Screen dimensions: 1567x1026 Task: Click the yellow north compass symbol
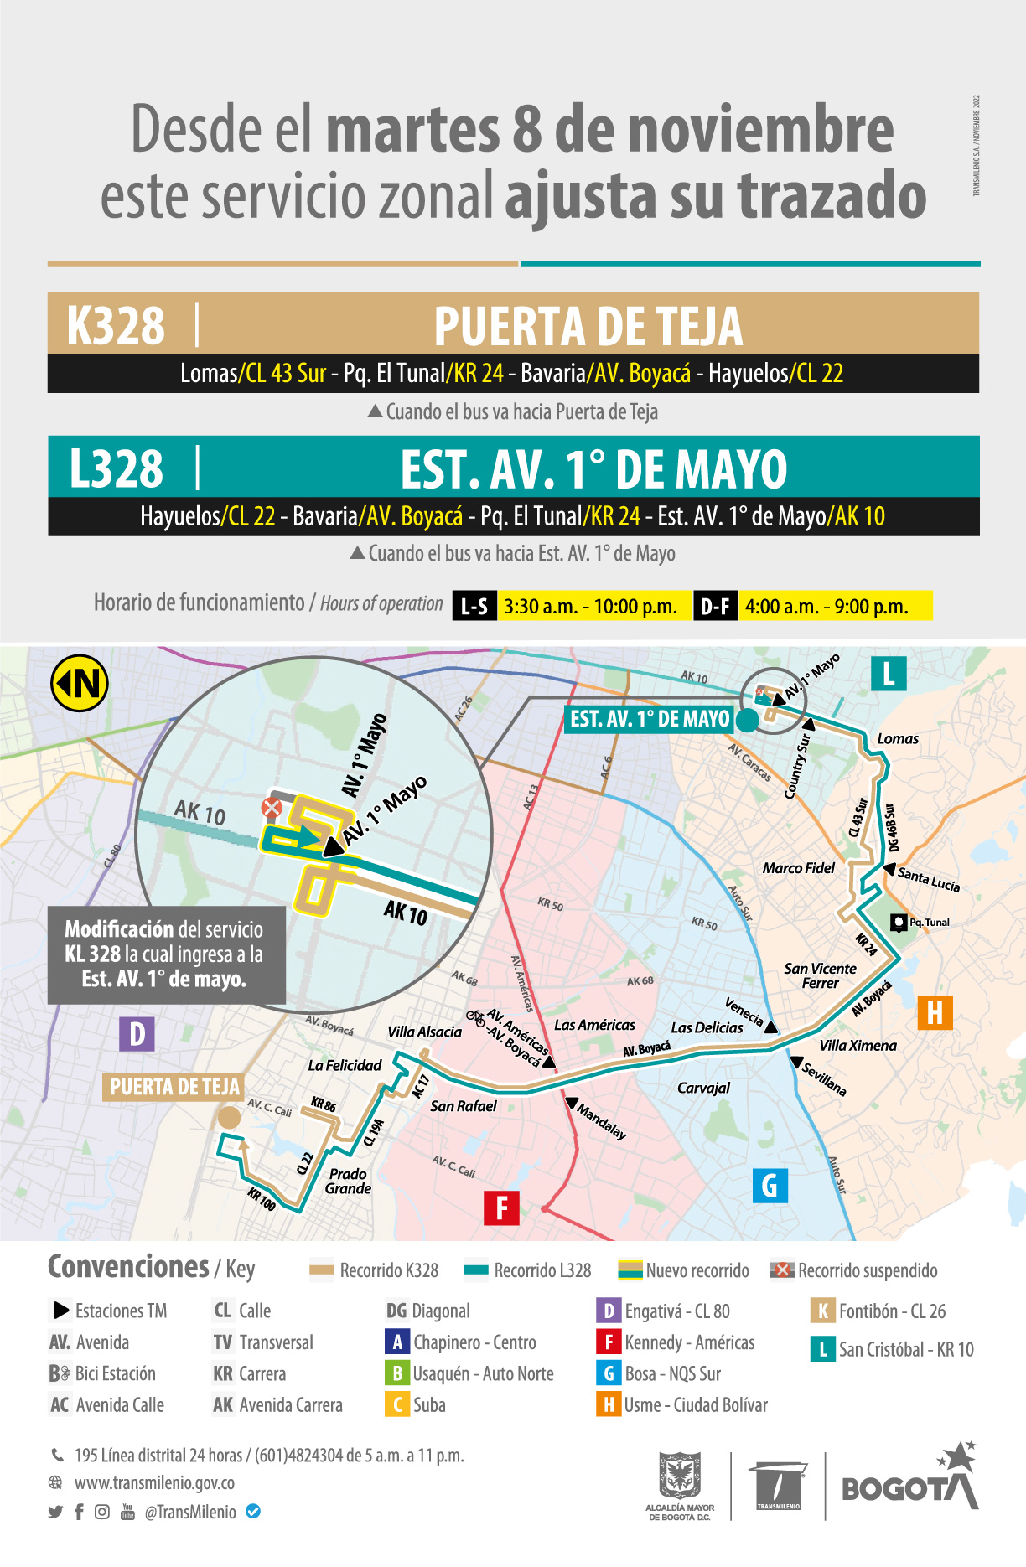coord(80,683)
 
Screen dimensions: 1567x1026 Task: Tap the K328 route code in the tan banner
coord(116,325)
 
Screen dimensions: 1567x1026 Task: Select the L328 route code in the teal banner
coord(116,468)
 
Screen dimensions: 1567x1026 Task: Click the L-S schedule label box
coord(474,606)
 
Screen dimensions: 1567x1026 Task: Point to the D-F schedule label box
coord(714,606)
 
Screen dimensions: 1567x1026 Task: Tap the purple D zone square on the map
coord(137,1034)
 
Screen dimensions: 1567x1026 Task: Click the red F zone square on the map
coord(501,1208)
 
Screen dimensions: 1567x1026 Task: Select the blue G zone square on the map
coord(769,1185)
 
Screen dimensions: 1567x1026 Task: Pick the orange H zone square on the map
coord(935,1012)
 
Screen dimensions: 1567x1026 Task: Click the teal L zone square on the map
coord(889,673)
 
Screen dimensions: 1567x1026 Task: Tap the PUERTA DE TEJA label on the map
coord(174,1087)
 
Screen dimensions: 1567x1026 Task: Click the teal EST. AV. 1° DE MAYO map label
coord(650,719)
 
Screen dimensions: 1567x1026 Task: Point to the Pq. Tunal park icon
coord(899,923)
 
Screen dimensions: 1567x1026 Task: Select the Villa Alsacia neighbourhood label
coord(424,1032)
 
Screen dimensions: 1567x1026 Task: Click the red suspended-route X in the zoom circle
coord(272,808)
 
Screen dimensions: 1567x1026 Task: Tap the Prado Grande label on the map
coord(348,1181)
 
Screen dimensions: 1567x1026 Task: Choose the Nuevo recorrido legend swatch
coord(630,1270)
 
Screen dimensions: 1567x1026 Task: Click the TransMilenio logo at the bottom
coord(778,1487)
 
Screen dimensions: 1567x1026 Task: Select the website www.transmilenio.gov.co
coord(154,1482)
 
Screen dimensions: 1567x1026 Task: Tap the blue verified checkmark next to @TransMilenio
coord(253,1512)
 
